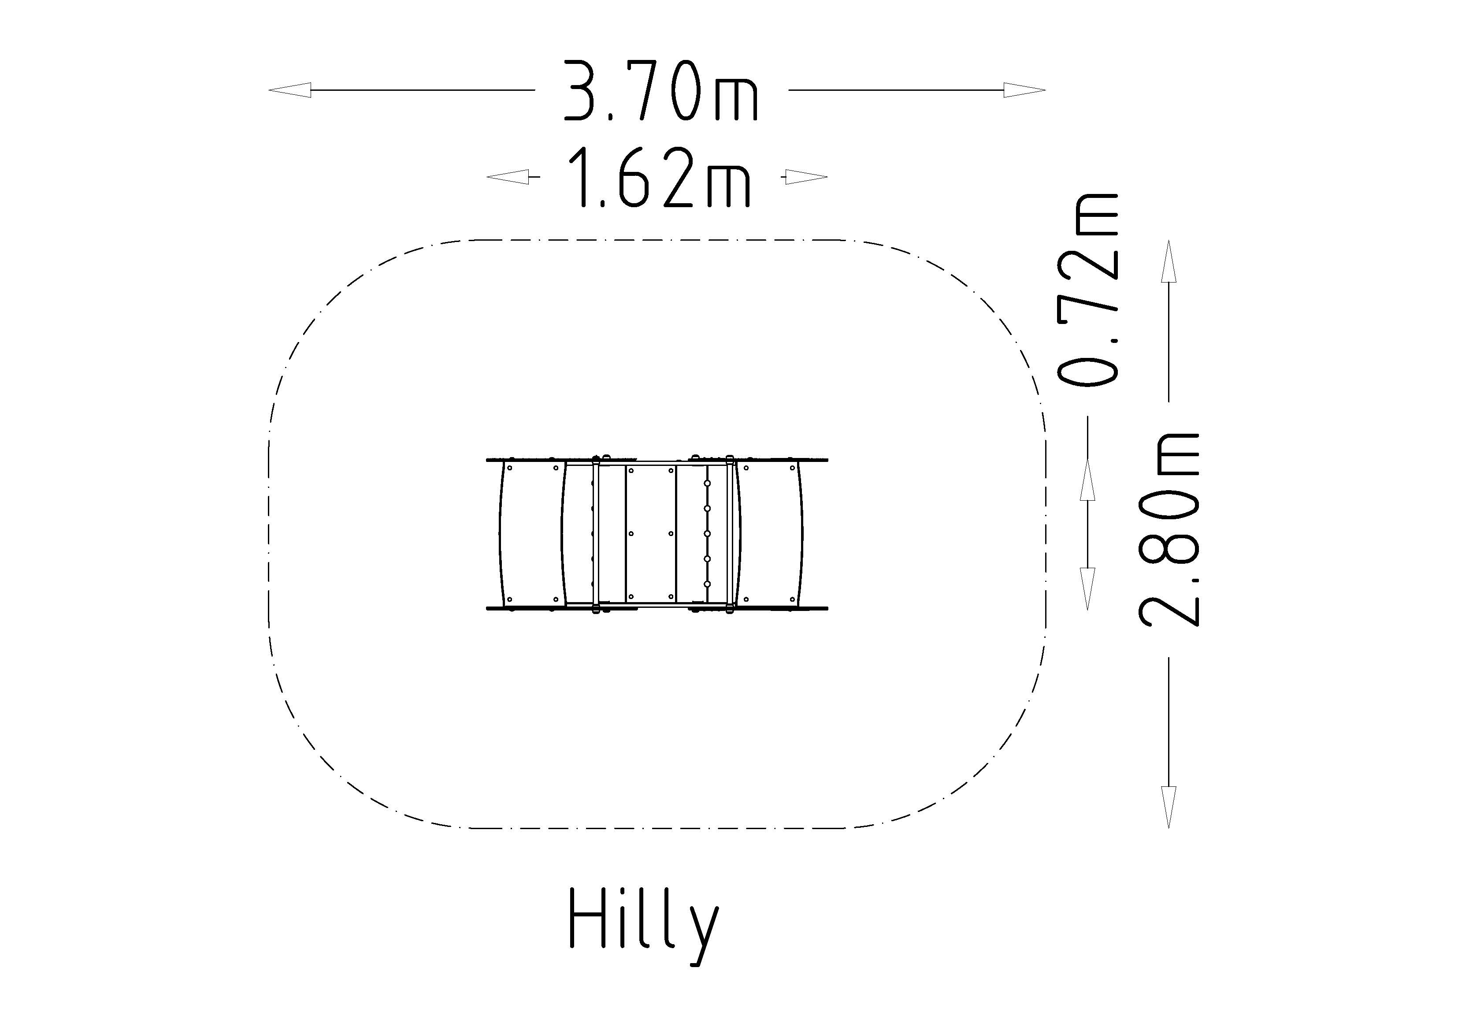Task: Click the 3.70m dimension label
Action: click(661, 91)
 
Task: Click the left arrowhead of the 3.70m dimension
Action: click(290, 90)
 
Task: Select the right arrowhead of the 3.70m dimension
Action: click(1024, 90)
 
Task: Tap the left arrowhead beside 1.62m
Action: click(508, 177)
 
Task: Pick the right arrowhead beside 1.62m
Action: click(806, 177)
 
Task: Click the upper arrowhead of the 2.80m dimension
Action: click(1169, 261)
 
